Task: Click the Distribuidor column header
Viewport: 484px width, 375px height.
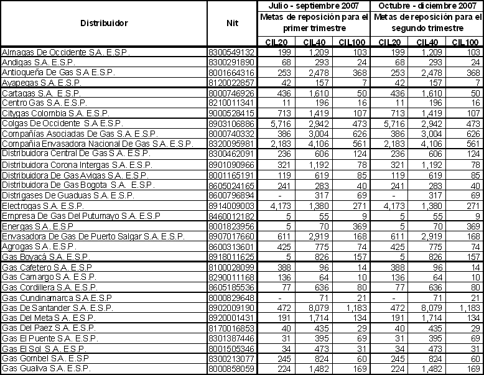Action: pyautogui.click(x=104, y=22)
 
